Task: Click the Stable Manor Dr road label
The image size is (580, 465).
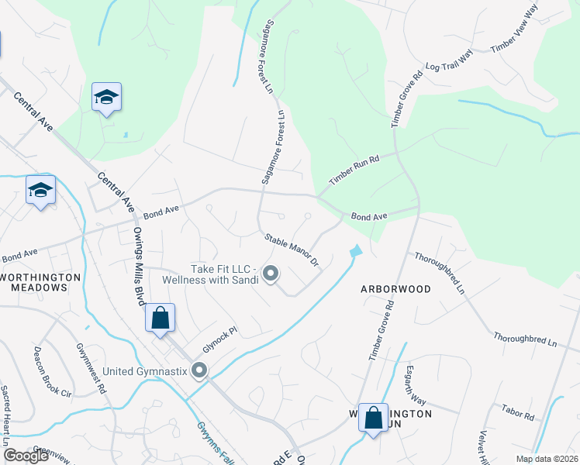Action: [292, 250]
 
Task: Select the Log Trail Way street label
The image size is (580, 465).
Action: [449, 62]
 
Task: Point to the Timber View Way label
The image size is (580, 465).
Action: [525, 30]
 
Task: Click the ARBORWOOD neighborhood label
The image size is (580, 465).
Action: [395, 289]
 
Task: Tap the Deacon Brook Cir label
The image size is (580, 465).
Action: [52, 371]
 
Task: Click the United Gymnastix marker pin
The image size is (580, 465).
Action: [200, 371]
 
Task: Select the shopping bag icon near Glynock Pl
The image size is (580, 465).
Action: [160, 318]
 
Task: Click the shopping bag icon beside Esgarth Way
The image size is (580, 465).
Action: [374, 418]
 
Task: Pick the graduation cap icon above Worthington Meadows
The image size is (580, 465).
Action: [40, 190]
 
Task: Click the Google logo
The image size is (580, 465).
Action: [26, 456]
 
